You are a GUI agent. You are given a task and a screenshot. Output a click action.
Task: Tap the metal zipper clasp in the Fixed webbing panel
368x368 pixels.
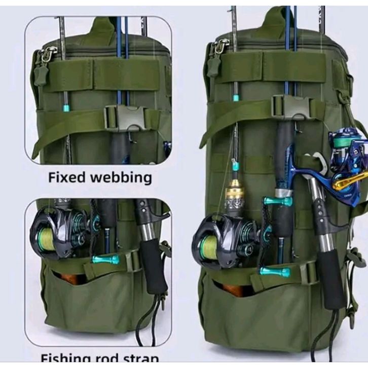click(x=49, y=53)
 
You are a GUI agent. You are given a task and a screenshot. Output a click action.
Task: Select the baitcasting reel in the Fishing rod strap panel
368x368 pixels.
click(x=58, y=233)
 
